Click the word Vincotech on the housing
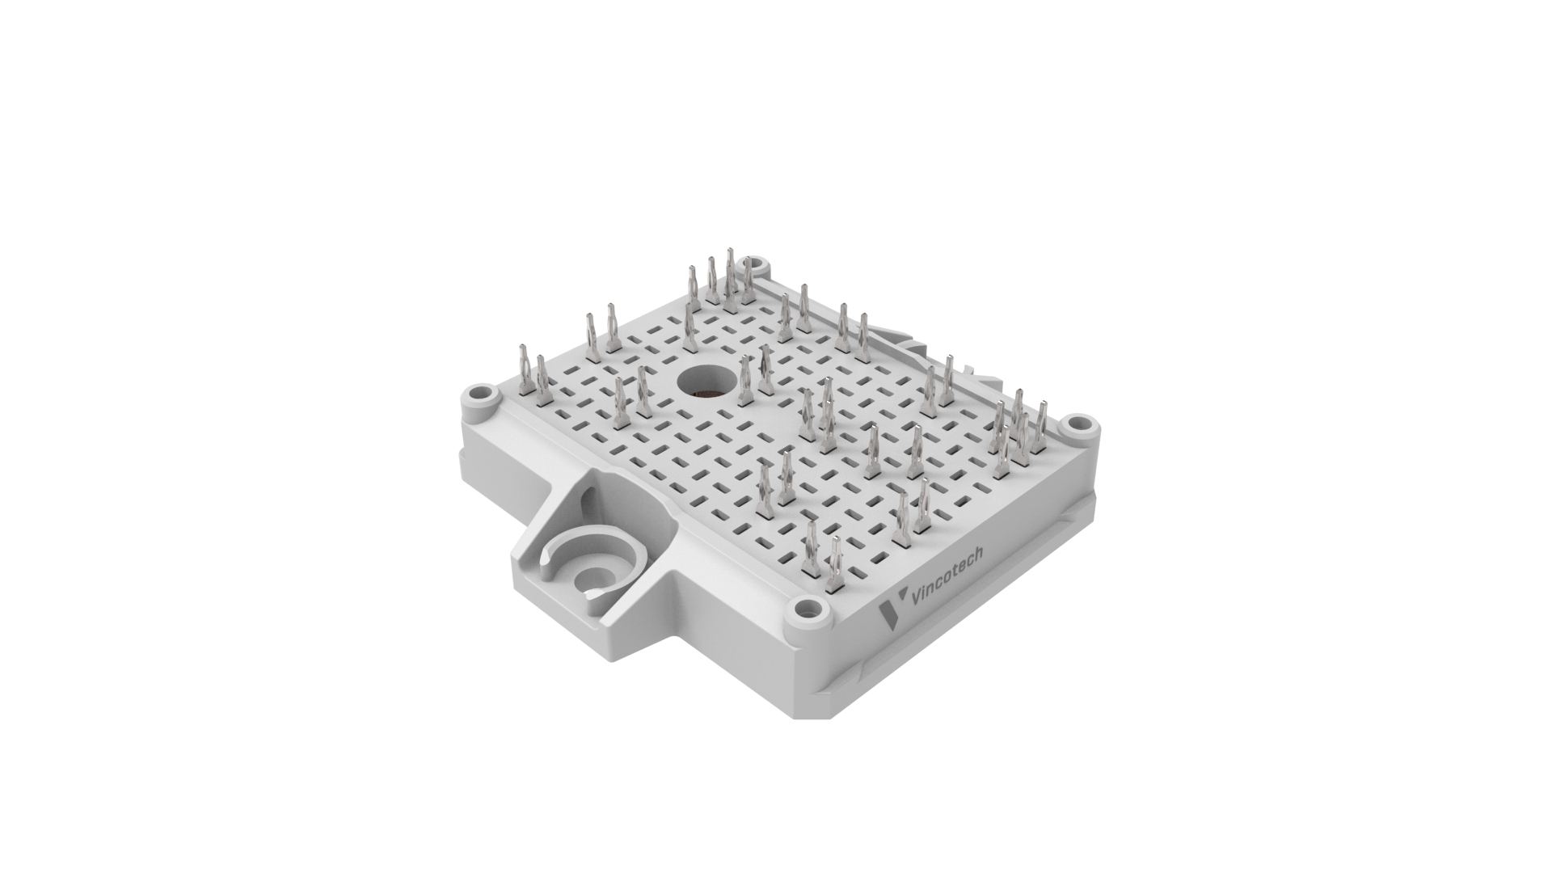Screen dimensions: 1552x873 (947, 576)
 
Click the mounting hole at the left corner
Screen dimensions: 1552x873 (483, 398)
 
